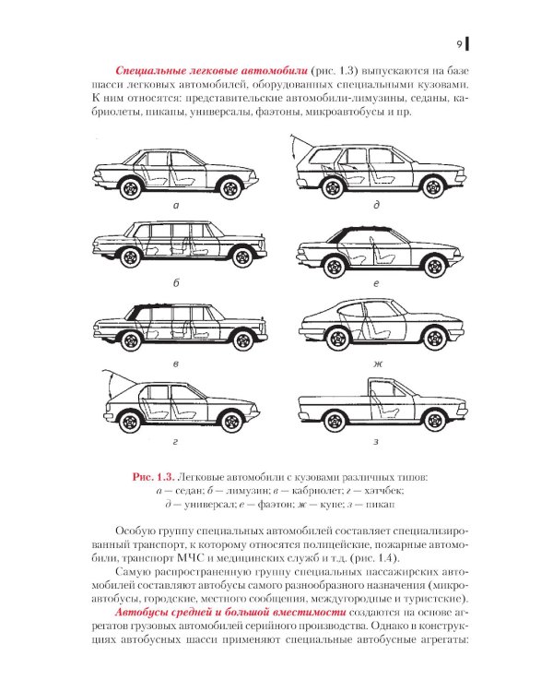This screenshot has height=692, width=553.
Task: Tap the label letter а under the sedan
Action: click(x=175, y=208)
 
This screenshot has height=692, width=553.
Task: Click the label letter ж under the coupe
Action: click(x=376, y=365)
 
